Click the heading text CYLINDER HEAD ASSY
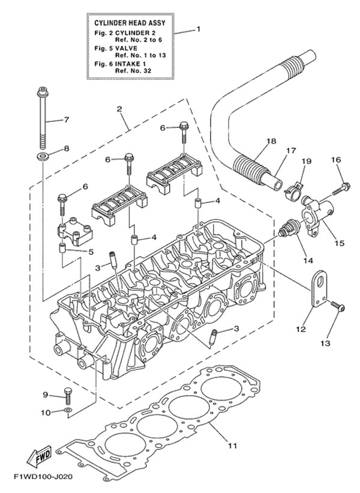point(130,22)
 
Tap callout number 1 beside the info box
point(199,29)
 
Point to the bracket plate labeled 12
point(316,292)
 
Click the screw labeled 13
point(337,307)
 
